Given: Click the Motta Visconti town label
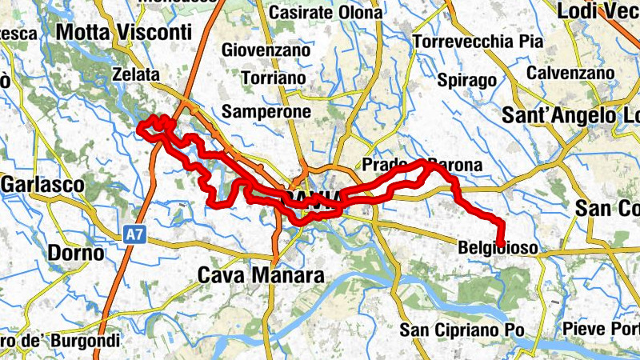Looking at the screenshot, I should click(124, 32).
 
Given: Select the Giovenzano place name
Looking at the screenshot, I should click(266, 50).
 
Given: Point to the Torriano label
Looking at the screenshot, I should click(274, 79).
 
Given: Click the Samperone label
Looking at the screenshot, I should click(266, 111).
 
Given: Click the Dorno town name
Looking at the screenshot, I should click(76, 254).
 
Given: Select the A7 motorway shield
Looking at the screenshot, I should click(133, 235).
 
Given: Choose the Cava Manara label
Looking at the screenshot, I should click(261, 276).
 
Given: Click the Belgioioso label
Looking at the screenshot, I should click(498, 249).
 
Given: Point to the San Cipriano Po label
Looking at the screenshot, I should click(462, 329).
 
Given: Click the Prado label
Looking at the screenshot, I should click(385, 165).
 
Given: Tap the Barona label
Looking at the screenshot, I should click(456, 166).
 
